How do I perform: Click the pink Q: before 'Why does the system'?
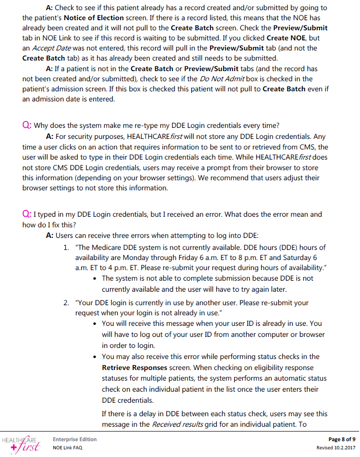27,125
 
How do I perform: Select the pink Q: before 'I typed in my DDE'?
27,214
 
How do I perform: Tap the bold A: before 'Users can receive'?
50,235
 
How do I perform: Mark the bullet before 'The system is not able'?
98,279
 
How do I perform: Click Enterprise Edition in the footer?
74,439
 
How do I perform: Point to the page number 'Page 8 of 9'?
342,439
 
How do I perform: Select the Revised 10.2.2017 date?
336,448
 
